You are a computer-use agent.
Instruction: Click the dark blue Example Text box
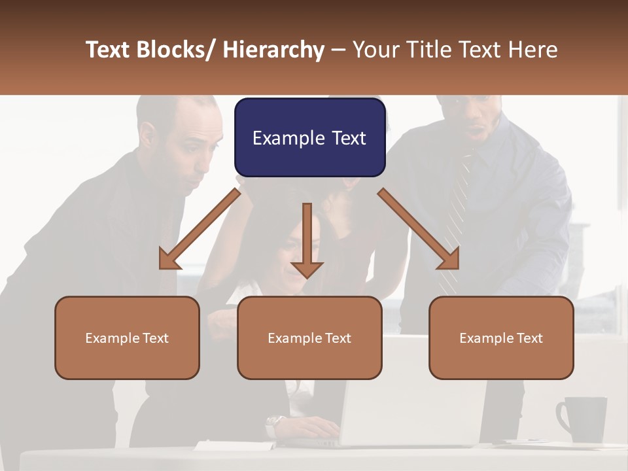click(x=309, y=137)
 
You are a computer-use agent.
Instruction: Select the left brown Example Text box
click(x=127, y=338)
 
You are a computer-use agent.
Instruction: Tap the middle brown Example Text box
click(x=309, y=338)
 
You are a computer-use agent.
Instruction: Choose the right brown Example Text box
click(x=501, y=338)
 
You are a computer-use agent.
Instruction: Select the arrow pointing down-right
click(x=419, y=229)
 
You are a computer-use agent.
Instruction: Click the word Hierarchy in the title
click(x=273, y=50)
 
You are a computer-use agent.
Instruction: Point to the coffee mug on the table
click(x=582, y=419)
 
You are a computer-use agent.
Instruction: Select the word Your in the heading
click(x=375, y=50)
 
